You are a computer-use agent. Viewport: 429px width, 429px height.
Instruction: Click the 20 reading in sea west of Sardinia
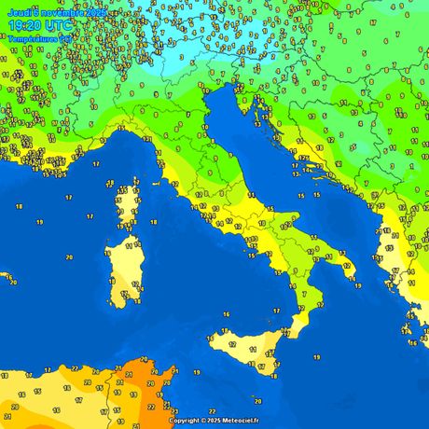69,256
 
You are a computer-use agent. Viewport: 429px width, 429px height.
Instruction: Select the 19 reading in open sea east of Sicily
316,357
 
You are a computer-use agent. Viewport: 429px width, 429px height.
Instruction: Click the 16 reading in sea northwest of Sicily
226,315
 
